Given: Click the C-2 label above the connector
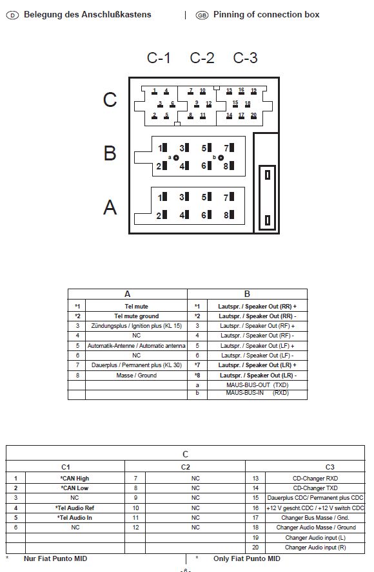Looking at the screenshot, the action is [x=202, y=58].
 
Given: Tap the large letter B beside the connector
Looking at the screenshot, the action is [x=110, y=153].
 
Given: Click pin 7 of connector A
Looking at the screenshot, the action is [x=229, y=197].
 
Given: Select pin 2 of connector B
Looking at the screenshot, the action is [x=162, y=166].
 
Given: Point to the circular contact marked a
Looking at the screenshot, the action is [x=176, y=158].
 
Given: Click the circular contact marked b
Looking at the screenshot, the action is [x=221, y=158].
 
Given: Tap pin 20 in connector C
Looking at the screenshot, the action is [x=254, y=116].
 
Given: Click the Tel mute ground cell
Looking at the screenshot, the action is [x=136, y=316].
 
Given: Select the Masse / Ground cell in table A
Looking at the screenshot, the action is [x=136, y=376].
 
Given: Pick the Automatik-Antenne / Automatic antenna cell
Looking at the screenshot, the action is [x=136, y=345].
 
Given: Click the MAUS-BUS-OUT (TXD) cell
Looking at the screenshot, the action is [x=257, y=385].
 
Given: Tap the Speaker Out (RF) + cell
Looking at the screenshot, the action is [x=257, y=326].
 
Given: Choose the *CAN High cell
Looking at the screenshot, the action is [x=75, y=478].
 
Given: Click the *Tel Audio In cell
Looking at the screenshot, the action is [x=75, y=518].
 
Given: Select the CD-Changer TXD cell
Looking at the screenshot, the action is [x=315, y=488].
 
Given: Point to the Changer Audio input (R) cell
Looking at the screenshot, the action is [x=315, y=547].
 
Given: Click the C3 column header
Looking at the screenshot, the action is [x=330, y=467].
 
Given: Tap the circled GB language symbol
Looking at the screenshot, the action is [x=202, y=15].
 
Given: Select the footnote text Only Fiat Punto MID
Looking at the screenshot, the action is [x=246, y=558].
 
